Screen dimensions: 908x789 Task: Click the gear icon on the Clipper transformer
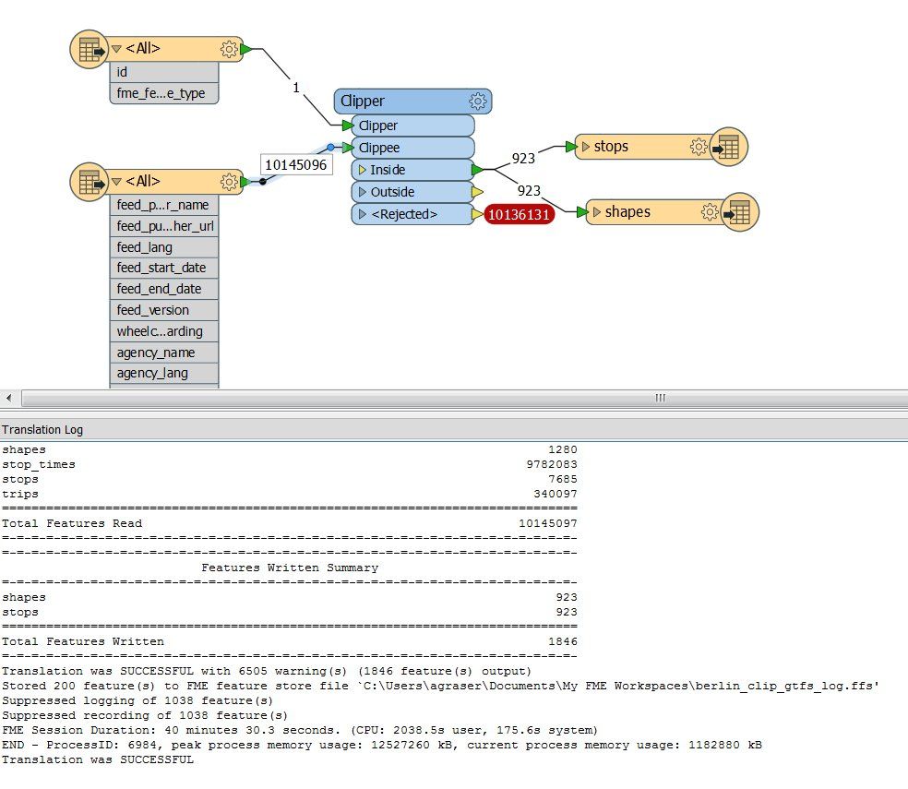click(478, 102)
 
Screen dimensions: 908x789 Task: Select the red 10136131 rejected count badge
click(519, 214)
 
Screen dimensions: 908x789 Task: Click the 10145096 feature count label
click(296, 165)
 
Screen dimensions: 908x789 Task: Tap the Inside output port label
click(388, 170)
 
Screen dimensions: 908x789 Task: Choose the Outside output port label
click(392, 192)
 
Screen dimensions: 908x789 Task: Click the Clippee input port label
click(378, 148)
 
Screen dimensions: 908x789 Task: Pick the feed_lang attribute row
click(164, 247)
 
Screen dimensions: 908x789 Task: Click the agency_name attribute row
click(164, 353)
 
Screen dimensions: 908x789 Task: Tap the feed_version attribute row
click(164, 310)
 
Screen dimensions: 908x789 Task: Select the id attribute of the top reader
click(164, 72)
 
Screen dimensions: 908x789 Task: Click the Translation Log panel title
click(42, 429)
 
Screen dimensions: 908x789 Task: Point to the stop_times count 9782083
click(551, 464)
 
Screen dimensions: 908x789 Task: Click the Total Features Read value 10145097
click(548, 523)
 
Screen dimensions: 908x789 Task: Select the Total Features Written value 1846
click(562, 641)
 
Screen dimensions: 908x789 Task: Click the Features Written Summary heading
click(290, 568)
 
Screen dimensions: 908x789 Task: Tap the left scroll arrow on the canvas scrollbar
click(8, 398)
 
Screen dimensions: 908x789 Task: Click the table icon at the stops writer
click(728, 147)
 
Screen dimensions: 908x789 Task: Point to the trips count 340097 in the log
click(555, 494)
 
